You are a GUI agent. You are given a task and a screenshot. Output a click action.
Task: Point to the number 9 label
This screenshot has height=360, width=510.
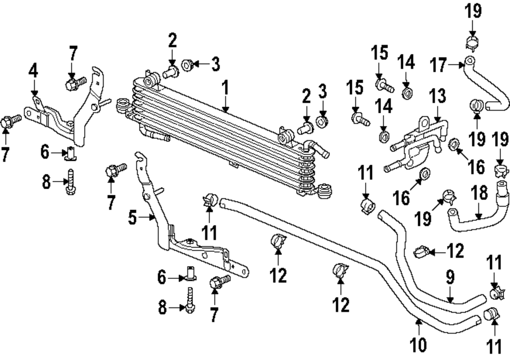click(x=449, y=277)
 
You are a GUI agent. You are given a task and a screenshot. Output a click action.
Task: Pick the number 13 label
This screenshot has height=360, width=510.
click(x=437, y=96)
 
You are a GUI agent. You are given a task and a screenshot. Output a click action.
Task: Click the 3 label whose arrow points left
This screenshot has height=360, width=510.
click(x=216, y=64)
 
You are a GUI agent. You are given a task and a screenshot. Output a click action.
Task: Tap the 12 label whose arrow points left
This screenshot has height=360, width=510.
click(x=455, y=250)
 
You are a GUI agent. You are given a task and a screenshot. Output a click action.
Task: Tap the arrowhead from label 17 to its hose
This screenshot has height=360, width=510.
click(x=460, y=64)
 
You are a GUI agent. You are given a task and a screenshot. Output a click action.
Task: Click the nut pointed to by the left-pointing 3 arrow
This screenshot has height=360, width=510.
click(x=187, y=64)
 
